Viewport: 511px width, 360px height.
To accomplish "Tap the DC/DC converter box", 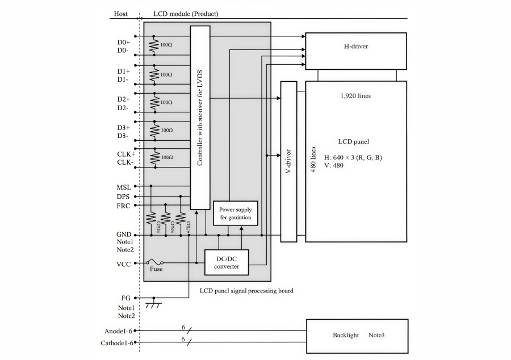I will click(x=227, y=263).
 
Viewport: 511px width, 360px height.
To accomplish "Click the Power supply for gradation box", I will click(x=235, y=214).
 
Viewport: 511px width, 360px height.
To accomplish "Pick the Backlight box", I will click(x=357, y=336).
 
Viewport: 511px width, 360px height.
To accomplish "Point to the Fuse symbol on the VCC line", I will click(x=155, y=263).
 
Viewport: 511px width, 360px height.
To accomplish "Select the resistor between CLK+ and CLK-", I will click(x=153, y=157).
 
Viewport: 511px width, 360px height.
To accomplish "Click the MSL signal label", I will click(x=124, y=187).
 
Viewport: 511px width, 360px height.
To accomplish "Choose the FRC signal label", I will click(x=124, y=206).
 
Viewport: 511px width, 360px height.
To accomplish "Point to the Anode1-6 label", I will click(x=118, y=331).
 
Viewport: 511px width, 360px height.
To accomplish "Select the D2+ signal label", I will click(x=123, y=99).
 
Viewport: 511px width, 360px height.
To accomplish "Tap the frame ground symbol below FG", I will click(x=153, y=306).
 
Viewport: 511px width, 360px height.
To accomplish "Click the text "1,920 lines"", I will click(x=355, y=96).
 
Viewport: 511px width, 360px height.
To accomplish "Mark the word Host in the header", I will click(x=121, y=14).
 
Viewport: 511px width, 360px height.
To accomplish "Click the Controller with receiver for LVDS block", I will click(x=200, y=118).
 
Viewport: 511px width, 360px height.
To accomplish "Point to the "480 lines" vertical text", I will click(x=312, y=160).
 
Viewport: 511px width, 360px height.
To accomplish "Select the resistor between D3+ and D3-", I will click(x=153, y=129).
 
